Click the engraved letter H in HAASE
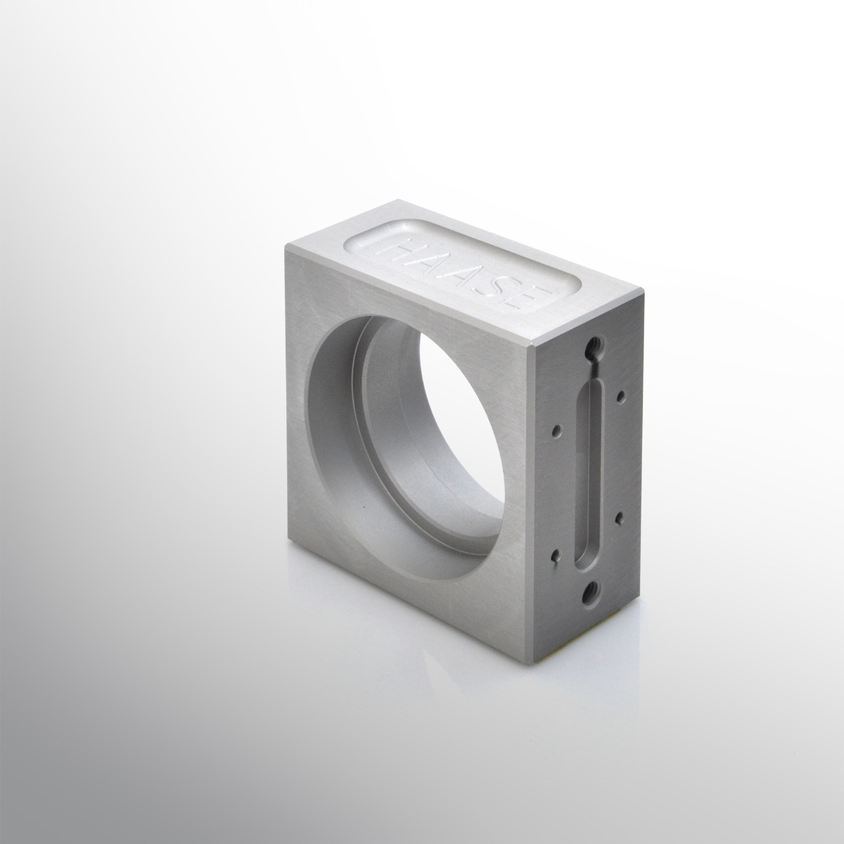(x=402, y=250)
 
